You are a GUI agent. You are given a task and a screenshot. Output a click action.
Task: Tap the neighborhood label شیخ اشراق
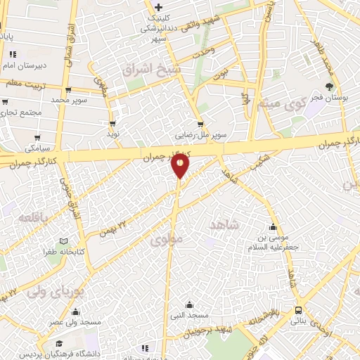click(x=151, y=70)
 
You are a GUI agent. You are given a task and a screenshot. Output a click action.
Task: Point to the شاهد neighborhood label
click(x=224, y=224)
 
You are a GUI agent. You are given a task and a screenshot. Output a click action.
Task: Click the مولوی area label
click(x=166, y=240)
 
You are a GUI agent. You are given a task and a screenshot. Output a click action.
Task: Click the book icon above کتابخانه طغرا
click(x=65, y=241)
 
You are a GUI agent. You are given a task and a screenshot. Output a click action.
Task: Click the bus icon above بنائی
click(x=299, y=310)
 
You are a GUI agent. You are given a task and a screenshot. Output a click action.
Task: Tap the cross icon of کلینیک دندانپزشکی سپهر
click(x=159, y=7)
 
